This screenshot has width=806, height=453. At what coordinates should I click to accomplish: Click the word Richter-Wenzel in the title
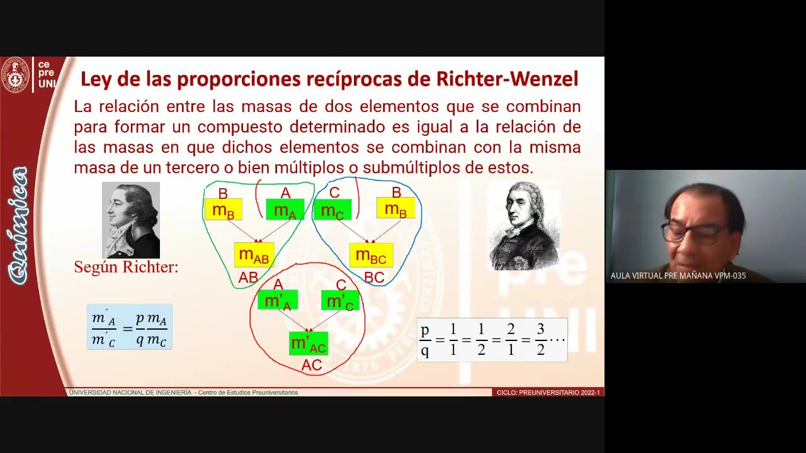(x=507, y=79)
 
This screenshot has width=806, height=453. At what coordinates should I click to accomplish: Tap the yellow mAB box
(x=254, y=255)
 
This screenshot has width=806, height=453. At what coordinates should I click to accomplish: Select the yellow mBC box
(x=371, y=255)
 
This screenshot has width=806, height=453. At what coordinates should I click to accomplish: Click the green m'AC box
(x=309, y=344)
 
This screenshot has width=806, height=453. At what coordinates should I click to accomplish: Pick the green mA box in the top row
(x=285, y=210)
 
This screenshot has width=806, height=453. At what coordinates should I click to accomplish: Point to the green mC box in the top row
(x=332, y=210)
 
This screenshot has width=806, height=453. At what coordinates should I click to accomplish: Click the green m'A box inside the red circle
(x=278, y=300)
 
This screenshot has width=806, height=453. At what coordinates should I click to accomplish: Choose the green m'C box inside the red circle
(x=340, y=300)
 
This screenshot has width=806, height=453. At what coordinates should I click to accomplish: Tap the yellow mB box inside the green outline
(x=223, y=210)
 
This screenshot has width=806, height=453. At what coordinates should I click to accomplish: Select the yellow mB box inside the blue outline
(x=395, y=208)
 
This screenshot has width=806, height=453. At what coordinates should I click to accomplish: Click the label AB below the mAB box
(x=248, y=277)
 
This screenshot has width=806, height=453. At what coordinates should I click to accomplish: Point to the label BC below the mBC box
(x=374, y=277)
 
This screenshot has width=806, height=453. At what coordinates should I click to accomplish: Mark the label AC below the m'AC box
(x=312, y=365)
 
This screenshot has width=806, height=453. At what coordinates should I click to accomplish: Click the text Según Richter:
(x=126, y=267)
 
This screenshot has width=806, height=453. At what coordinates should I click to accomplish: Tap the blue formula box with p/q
(x=130, y=327)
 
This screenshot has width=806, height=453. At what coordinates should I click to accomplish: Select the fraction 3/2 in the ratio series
(x=540, y=340)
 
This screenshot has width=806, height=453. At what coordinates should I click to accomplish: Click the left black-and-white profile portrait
(x=131, y=220)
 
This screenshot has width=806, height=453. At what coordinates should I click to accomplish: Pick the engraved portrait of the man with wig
(x=524, y=226)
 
